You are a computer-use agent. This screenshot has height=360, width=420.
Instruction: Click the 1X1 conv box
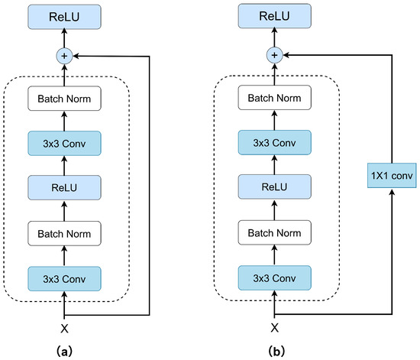pyautogui.click(x=392, y=176)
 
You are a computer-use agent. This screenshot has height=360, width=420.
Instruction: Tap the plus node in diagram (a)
pyautogui.click(x=64, y=56)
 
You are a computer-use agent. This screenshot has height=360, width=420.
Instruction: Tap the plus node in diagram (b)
pyautogui.click(x=275, y=55)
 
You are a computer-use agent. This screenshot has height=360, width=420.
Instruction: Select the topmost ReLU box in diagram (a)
pyautogui.click(x=64, y=17)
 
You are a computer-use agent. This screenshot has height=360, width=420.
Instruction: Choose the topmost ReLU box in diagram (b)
pyautogui.click(x=275, y=16)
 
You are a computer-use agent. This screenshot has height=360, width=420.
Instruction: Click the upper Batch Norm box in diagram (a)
pyautogui.click(x=64, y=99)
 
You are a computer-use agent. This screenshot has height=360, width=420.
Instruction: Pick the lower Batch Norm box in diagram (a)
pyautogui.click(x=64, y=233)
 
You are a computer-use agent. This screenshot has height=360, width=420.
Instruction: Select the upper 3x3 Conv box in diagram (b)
pyautogui.click(x=275, y=143)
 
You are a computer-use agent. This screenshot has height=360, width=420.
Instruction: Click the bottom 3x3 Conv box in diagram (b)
pyautogui.click(x=275, y=278)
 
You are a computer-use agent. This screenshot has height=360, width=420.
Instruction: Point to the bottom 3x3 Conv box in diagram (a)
pyautogui.click(x=64, y=279)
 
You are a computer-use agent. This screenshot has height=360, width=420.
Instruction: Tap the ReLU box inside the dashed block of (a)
pyautogui.click(x=64, y=187)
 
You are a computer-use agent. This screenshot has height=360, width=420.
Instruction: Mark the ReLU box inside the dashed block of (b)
pyautogui.click(x=275, y=186)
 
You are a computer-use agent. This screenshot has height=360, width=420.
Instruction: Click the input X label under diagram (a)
pyautogui.click(x=64, y=329)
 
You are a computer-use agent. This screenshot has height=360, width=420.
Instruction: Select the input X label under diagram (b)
pyautogui.click(x=275, y=328)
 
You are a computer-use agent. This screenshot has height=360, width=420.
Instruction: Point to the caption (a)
pyautogui.click(x=65, y=351)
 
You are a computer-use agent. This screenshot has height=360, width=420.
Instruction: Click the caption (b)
pyautogui.click(x=276, y=351)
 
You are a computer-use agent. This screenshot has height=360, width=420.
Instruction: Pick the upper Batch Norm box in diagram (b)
pyautogui.click(x=275, y=98)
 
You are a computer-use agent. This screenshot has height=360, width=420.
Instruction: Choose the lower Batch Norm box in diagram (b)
pyautogui.click(x=275, y=232)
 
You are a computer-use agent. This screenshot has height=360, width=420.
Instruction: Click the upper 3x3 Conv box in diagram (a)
pyautogui.click(x=64, y=144)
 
